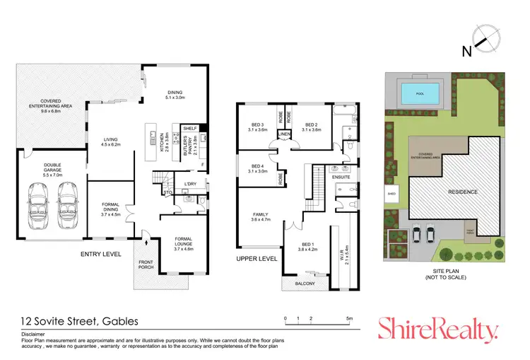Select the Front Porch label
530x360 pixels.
tap(146, 265)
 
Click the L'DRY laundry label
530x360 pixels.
tap(190, 185)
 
